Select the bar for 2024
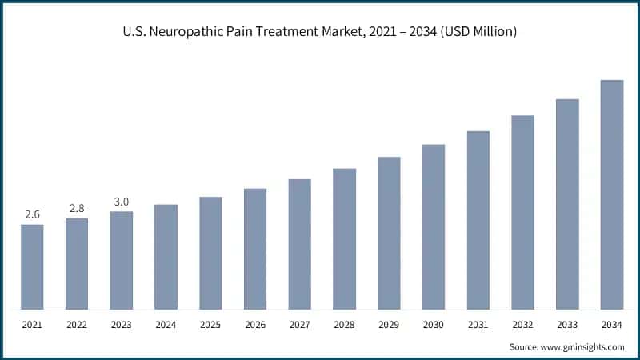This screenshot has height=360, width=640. (166, 257)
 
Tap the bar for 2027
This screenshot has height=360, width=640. (300, 244)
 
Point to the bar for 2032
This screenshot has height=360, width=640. (523, 212)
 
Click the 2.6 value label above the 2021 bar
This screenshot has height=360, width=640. (32, 214)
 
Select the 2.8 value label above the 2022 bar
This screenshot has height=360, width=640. (77, 208)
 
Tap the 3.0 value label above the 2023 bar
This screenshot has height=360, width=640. (122, 202)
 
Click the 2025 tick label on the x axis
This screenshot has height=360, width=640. (210, 326)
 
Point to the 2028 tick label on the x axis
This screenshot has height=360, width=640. (344, 326)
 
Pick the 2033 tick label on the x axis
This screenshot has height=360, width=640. (567, 326)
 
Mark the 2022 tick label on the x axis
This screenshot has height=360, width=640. (77, 326)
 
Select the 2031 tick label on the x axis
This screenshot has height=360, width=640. (478, 326)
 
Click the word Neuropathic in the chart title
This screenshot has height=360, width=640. (210, 32)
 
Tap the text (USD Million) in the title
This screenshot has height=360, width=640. (474, 32)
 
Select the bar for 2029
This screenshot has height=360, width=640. (389, 233)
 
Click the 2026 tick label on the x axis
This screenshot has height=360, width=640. (255, 326)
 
